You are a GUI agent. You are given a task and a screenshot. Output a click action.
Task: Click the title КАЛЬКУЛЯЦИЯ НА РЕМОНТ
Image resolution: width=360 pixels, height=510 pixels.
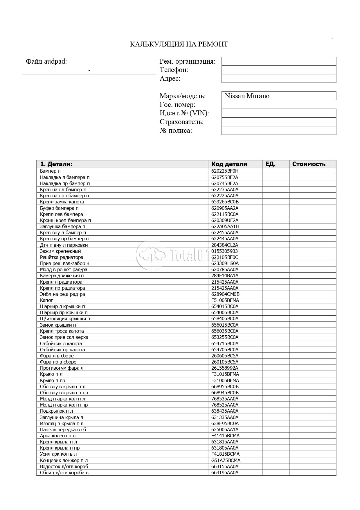[x=179, y=44]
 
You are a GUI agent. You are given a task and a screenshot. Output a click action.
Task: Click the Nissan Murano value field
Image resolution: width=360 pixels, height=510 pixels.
[x=279, y=96]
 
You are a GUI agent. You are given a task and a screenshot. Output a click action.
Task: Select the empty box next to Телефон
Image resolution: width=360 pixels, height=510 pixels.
[x=279, y=70]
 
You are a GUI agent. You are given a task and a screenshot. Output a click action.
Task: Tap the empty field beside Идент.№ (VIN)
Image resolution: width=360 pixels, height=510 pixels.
[x=279, y=113]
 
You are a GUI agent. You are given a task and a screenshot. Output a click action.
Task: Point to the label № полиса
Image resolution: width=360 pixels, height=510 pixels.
[x=176, y=130]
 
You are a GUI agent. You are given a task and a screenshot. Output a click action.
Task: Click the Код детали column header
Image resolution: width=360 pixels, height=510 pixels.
[x=229, y=164]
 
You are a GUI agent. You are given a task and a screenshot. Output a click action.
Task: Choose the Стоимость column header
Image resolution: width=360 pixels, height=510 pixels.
[x=309, y=164]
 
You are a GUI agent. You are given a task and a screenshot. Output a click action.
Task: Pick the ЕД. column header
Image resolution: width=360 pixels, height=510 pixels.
[x=270, y=164]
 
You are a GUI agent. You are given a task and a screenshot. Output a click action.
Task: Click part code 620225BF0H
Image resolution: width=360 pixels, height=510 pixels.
[x=225, y=171]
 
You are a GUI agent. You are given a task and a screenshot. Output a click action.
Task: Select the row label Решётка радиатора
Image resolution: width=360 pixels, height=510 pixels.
[x=62, y=257]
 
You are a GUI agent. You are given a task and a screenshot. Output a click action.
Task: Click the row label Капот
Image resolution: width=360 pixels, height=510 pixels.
[x=46, y=300]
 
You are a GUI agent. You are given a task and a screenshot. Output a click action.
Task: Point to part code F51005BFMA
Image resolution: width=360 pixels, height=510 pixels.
[x=225, y=300]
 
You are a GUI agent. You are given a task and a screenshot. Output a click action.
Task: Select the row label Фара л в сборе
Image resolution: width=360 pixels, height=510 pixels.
[x=57, y=356]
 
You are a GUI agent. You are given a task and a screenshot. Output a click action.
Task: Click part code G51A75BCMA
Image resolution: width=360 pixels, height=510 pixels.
[x=226, y=460]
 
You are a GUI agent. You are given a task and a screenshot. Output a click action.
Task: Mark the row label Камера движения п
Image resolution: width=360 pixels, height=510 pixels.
[x=62, y=275]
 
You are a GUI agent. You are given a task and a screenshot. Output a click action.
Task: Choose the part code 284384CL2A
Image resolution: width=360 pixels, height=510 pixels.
[x=225, y=245]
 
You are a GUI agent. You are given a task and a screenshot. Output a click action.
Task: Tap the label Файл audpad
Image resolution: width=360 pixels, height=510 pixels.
[x=46, y=61]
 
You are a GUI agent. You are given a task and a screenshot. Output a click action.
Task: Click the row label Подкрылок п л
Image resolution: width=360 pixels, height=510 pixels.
[x=56, y=411]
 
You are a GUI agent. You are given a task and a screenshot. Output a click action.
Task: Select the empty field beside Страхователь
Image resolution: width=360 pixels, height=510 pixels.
[x=279, y=122]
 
